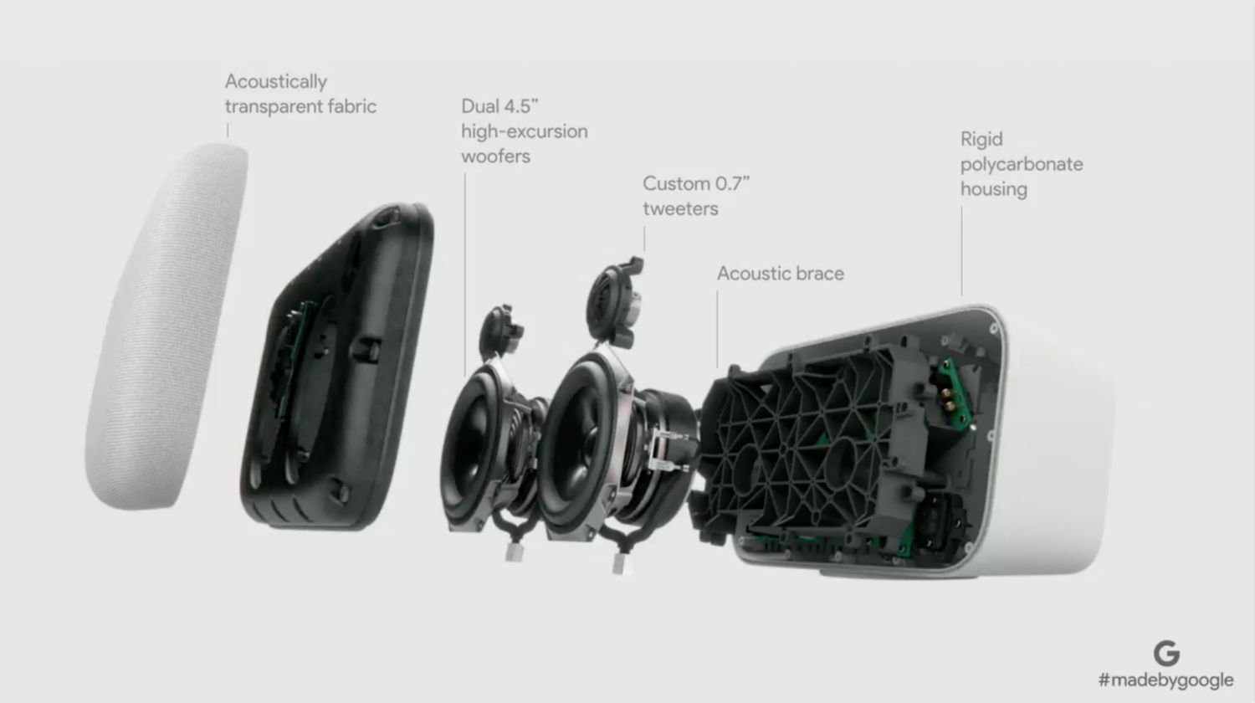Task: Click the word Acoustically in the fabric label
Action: click(275, 82)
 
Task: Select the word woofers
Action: click(495, 157)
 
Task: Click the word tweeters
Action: click(680, 208)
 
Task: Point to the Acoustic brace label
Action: click(781, 274)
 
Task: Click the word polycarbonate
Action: click(1022, 165)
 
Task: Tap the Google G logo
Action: click(1166, 653)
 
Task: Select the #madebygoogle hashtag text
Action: click(1166, 680)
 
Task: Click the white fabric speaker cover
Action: click(166, 326)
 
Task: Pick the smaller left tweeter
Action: click(499, 332)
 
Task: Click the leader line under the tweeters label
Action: click(644, 239)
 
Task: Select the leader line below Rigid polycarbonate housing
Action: click(962, 251)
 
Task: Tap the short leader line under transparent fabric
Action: click(228, 131)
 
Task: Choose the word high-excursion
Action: click(525, 131)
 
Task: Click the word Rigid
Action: click(981, 140)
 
